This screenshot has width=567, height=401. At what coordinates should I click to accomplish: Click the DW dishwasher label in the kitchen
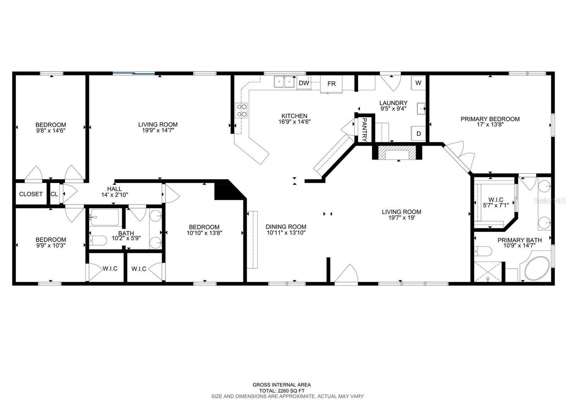click(x=304, y=83)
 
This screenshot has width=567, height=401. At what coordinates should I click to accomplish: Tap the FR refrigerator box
click(x=331, y=84)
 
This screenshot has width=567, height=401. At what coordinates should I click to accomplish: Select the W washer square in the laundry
click(x=418, y=83)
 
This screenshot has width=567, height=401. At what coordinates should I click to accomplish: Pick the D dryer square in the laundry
click(x=418, y=134)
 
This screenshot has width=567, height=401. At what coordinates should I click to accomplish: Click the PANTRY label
click(x=364, y=130)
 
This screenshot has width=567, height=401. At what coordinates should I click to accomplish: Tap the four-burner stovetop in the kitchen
click(x=242, y=110)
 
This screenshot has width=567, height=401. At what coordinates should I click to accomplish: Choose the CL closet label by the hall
click(x=54, y=194)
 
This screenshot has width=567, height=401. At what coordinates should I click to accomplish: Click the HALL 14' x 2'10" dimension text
click(x=114, y=195)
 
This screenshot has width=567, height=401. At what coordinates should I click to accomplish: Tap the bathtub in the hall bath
click(x=105, y=217)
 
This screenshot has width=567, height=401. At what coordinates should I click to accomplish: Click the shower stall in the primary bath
click(x=489, y=272)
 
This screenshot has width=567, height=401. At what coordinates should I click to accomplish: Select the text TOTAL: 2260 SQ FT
click(x=282, y=391)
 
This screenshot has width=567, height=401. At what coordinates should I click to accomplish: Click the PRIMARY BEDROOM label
click(x=490, y=119)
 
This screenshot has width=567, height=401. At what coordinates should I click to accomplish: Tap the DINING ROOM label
click(x=286, y=227)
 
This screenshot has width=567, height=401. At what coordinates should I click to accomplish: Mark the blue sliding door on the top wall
click(x=134, y=73)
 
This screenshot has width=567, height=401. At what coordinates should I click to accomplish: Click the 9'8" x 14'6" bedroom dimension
click(x=51, y=131)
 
